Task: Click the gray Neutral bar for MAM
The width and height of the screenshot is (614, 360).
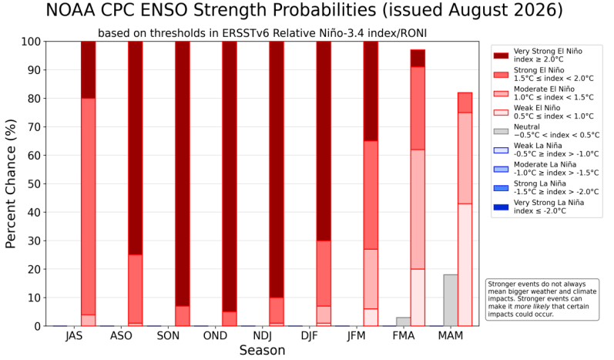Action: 451,300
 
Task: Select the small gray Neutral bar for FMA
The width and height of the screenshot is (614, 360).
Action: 404,321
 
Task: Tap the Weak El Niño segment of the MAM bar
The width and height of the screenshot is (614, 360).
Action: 465,265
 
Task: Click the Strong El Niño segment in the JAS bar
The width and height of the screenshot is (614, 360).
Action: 88,207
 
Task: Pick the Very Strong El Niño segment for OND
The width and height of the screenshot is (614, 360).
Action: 230,177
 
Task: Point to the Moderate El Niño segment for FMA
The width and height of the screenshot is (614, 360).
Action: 418,209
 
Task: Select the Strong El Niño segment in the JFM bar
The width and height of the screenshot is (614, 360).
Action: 371,195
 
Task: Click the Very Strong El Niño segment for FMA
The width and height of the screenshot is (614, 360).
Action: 418,59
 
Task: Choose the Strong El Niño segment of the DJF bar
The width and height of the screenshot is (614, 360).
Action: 324,274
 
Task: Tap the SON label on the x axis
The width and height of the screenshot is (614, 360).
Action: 168,335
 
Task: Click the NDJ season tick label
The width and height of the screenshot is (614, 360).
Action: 263,335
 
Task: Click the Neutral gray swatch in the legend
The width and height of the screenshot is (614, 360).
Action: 501,131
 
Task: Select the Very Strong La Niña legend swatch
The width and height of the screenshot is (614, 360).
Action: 501,207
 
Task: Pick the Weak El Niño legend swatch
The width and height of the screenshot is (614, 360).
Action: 501,112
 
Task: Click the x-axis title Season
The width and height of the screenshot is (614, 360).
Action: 262,350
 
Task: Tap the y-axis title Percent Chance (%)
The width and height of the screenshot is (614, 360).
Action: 11,183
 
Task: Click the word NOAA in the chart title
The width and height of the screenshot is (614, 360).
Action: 71,10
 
